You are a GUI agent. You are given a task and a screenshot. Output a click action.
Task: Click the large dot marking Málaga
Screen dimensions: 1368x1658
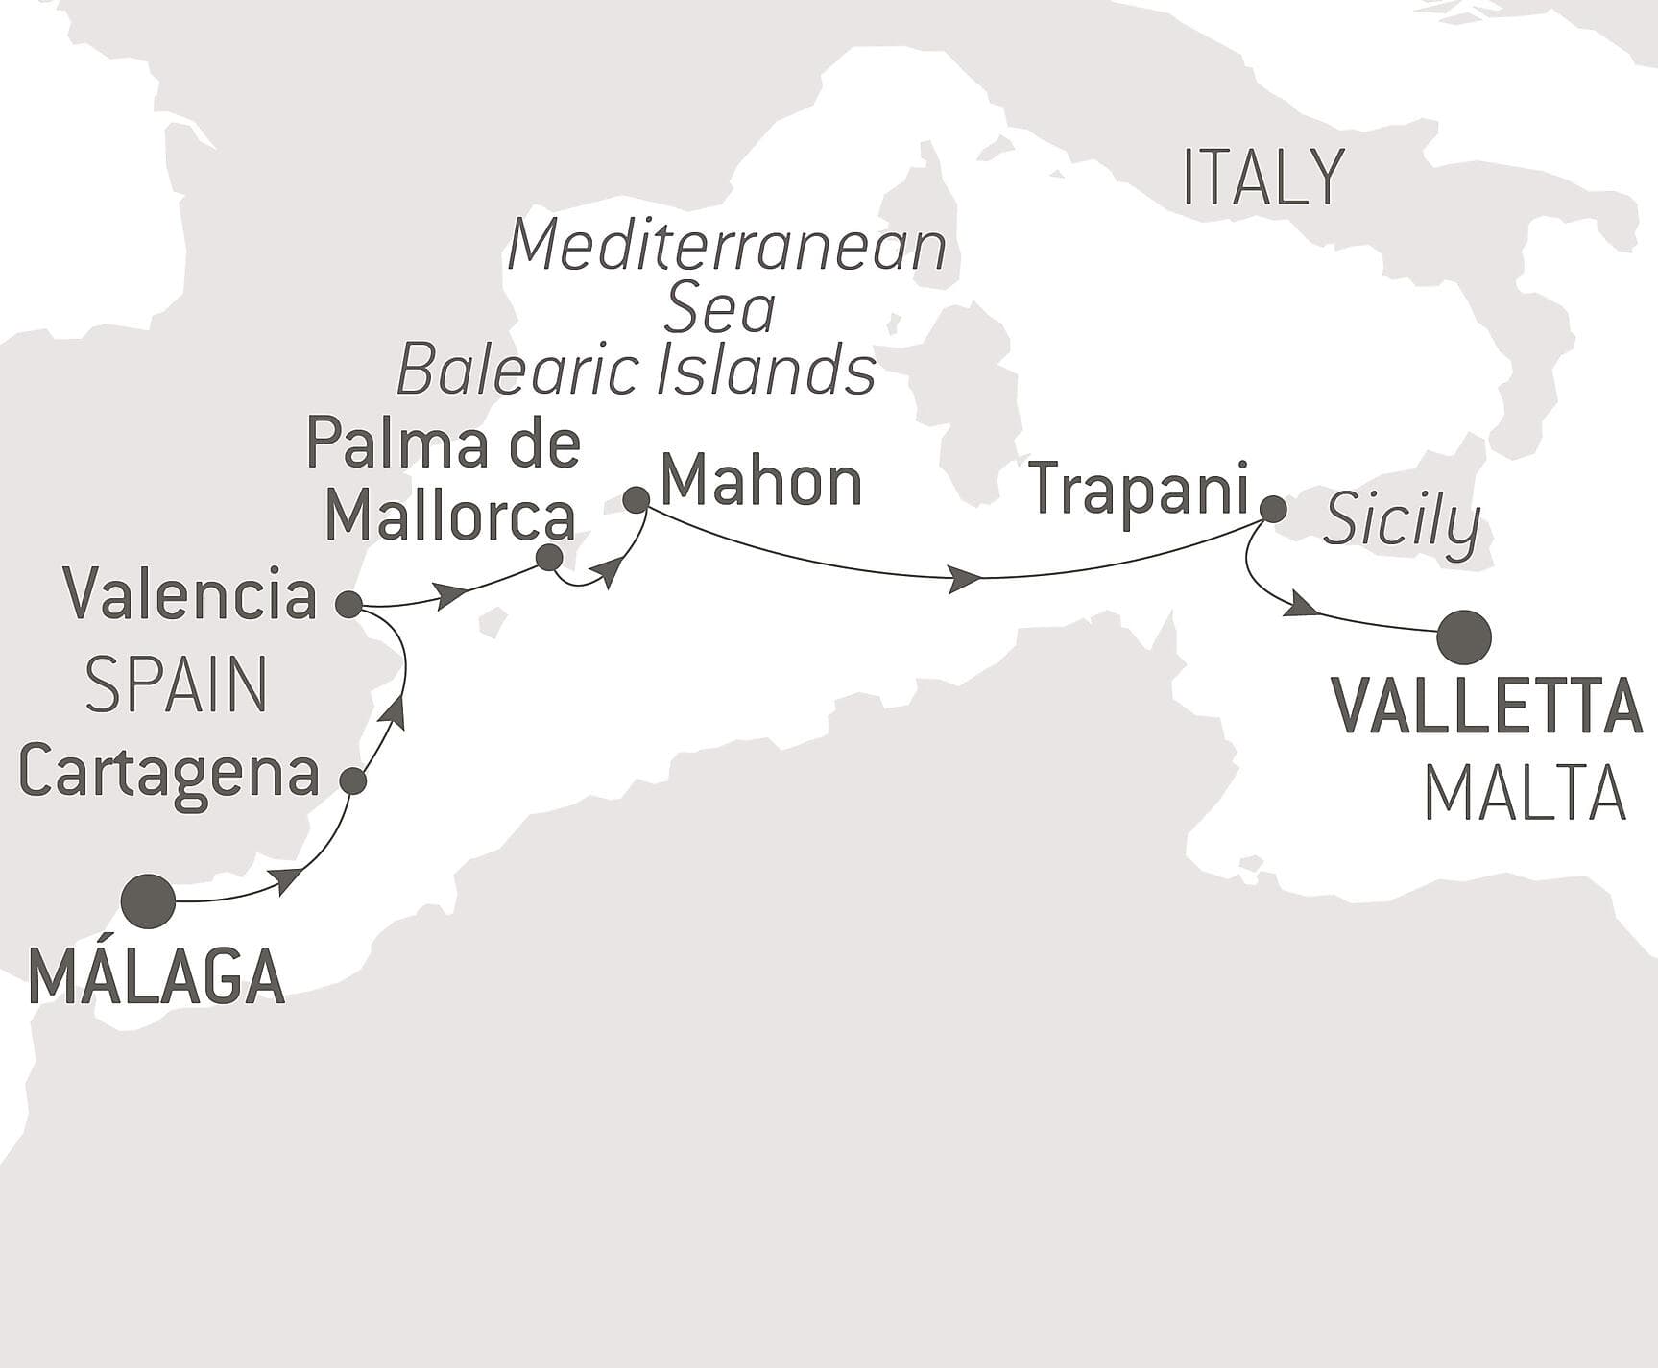tap(149, 901)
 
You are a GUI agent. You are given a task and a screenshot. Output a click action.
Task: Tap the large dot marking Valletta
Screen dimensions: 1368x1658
tap(1464, 637)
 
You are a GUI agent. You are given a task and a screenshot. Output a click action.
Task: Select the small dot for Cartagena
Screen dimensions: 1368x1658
tap(354, 781)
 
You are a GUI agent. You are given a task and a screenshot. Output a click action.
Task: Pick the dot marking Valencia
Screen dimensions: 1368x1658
tap(348, 605)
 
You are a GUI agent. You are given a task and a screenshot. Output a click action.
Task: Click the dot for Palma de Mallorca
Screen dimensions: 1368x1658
tap(549, 558)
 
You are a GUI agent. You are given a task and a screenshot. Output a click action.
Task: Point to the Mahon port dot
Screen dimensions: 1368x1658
tap(636, 499)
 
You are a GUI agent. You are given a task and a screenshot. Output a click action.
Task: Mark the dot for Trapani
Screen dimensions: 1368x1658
tap(1272, 509)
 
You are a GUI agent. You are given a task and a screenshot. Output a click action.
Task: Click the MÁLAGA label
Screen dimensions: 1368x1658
tap(157, 977)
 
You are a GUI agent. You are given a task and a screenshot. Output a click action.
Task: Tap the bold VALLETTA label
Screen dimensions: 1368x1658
tap(1487, 707)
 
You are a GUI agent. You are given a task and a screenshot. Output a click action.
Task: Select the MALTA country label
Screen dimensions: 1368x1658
tap(1525, 795)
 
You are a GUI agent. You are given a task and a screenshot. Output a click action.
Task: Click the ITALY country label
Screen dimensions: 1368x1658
tap(1262, 179)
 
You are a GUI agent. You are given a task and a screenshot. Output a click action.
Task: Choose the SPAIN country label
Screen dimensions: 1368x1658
tap(177, 685)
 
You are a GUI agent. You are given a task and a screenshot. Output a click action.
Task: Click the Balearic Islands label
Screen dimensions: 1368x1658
tap(636, 372)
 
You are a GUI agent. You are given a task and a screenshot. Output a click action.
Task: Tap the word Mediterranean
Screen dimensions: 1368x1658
tap(727, 247)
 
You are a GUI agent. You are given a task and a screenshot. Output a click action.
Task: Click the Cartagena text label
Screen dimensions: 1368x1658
tap(169, 774)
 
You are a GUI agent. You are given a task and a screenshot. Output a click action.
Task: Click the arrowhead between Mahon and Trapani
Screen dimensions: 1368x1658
tap(964, 579)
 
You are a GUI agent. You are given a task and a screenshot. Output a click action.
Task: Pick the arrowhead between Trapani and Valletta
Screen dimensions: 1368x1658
tap(1301, 605)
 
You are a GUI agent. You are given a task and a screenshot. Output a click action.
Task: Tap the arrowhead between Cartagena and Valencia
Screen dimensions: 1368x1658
tap(396, 711)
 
